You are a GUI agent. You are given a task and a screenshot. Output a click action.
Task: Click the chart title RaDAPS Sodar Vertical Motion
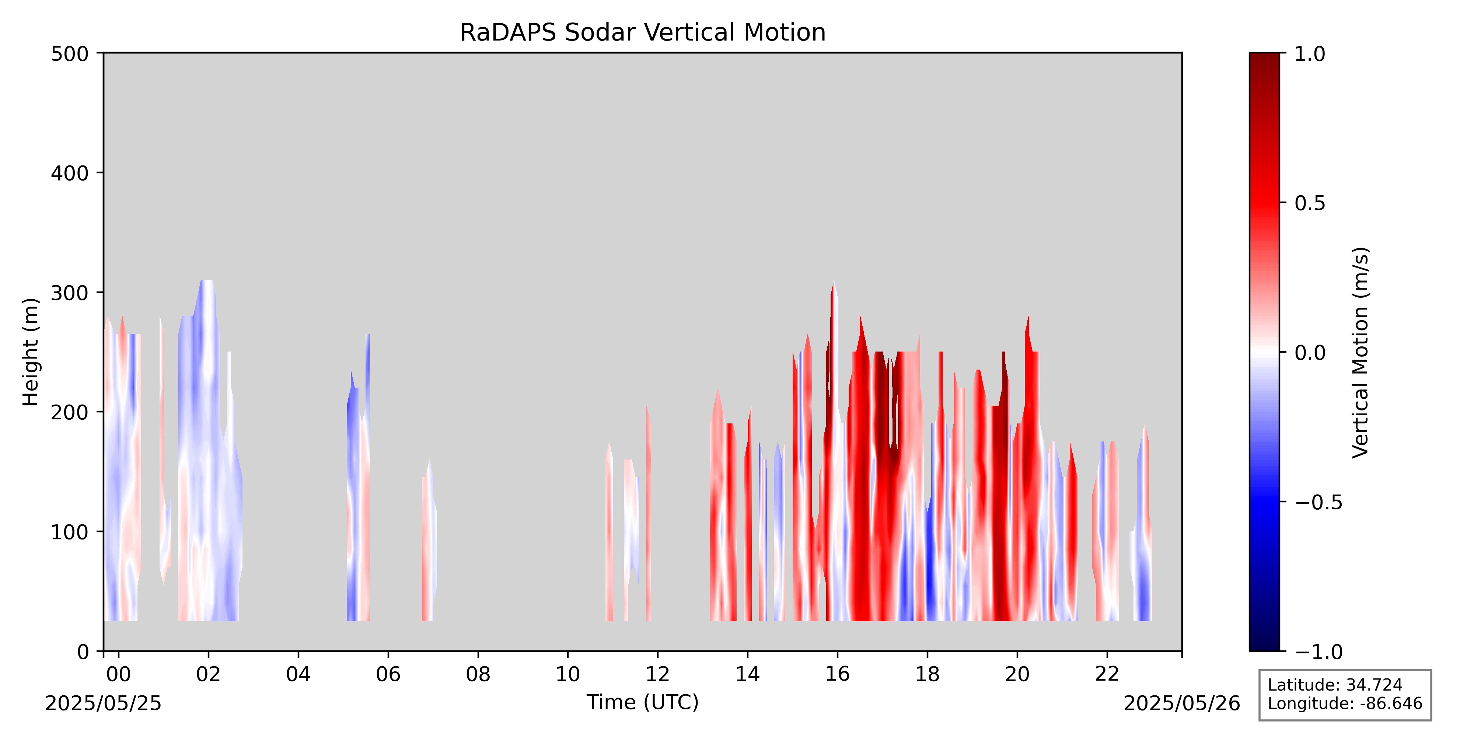point(643,33)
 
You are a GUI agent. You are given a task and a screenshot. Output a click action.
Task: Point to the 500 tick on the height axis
point(100,53)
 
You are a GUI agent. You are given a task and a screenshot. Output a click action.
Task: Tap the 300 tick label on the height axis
point(70,293)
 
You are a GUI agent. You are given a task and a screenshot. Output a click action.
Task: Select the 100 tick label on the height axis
point(70,532)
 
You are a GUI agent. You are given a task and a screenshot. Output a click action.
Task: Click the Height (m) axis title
point(31,352)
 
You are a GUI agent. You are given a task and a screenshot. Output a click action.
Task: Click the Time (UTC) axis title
point(643,702)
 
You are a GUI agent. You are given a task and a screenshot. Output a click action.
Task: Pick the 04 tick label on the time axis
point(298,675)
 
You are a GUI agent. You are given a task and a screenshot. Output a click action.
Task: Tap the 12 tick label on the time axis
point(657,675)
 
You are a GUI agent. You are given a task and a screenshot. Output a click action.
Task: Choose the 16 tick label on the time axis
point(837,675)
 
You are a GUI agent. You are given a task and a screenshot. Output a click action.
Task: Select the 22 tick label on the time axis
point(1107,675)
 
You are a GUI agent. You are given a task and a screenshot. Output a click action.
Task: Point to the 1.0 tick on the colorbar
point(1283,53)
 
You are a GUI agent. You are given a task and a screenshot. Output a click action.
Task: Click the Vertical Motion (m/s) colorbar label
point(1361,352)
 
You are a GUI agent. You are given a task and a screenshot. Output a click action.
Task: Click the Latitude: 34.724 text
point(1335,685)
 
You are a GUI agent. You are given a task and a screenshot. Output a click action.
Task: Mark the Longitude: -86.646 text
point(1345,703)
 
